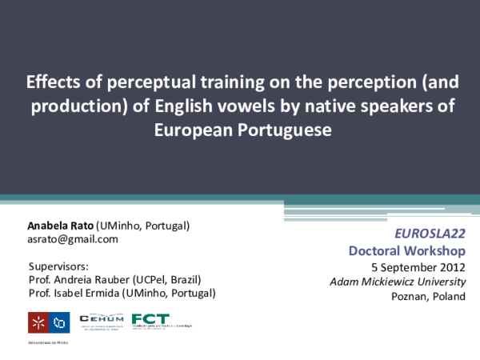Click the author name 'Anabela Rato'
tap(60, 226)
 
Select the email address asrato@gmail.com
tap(72, 239)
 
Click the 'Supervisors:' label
tap(58, 266)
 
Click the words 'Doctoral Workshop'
tap(406, 251)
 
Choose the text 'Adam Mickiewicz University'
tap(397, 281)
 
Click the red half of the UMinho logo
tap(37, 323)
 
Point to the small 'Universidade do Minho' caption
tap(47, 343)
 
